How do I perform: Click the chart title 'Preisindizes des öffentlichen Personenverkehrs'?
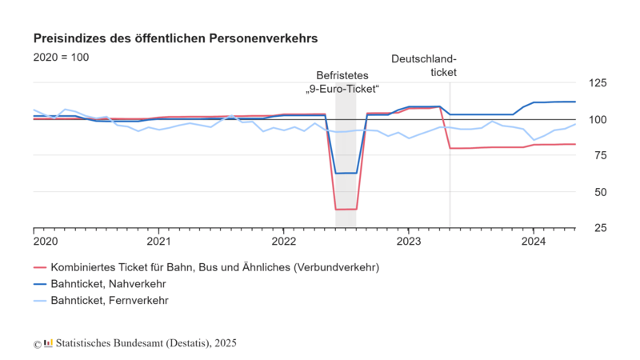click(175, 38)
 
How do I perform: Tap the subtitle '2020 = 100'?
click(62, 57)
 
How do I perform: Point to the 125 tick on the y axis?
click(598, 83)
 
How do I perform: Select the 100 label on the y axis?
click(598, 119)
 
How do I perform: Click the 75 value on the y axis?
click(601, 155)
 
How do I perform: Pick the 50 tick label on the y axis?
click(601, 192)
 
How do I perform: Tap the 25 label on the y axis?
click(601, 228)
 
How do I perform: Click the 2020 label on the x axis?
click(46, 242)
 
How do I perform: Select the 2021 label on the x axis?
click(158, 242)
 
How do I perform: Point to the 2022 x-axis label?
click(284, 242)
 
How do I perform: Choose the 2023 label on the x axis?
click(409, 242)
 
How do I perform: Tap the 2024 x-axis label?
click(534, 242)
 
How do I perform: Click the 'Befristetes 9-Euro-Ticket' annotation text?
click(342, 82)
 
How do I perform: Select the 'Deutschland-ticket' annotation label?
click(424, 66)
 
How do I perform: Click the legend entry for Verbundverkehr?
click(206, 267)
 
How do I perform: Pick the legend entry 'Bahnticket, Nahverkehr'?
click(99, 284)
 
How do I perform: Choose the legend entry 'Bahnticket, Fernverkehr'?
click(101, 301)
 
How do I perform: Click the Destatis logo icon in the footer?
click(48, 343)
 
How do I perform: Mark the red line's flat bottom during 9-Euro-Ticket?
click(346, 210)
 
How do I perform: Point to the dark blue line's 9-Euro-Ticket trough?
click(346, 173)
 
